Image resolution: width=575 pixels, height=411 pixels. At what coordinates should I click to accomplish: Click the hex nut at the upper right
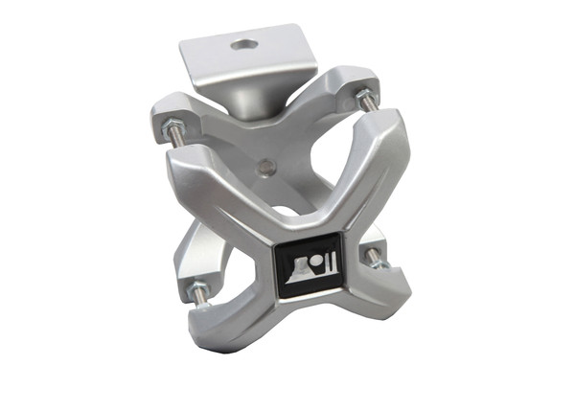pyautogui.click(x=364, y=96)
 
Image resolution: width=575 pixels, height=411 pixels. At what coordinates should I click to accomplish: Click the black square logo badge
pyautogui.click(x=307, y=267)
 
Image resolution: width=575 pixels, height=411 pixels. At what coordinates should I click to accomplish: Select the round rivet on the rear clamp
pyautogui.click(x=267, y=168)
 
